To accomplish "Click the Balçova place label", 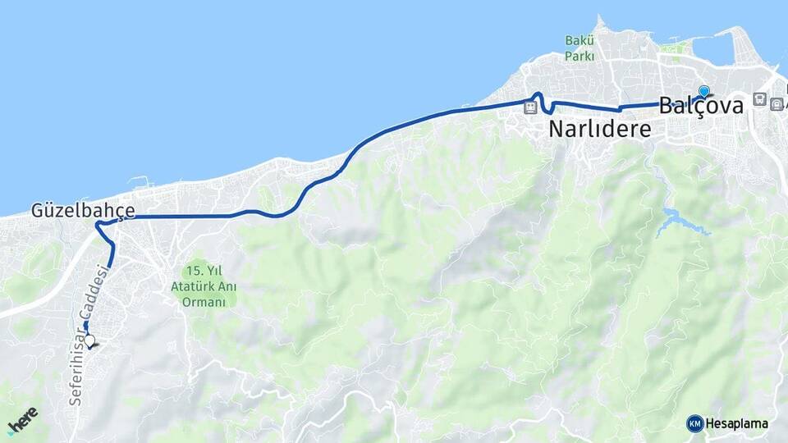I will pyautogui.click(x=701, y=106).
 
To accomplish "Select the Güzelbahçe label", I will pyautogui.click(x=83, y=210).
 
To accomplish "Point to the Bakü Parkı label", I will pyautogui.click(x=579, y=48).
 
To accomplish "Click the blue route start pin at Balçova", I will pyautogui.click(x=703, y=92).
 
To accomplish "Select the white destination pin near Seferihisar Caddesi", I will pyautogui.click(x=89, y=340).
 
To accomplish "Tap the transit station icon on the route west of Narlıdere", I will pyautogui.click(x=531, y=106).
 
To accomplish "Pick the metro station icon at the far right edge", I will pyautogui.click(x=777, y=103).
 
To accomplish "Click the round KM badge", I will pyautogui.click(x=694, y=423).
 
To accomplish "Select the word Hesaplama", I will pyautogui.click(x=736, y=423).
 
